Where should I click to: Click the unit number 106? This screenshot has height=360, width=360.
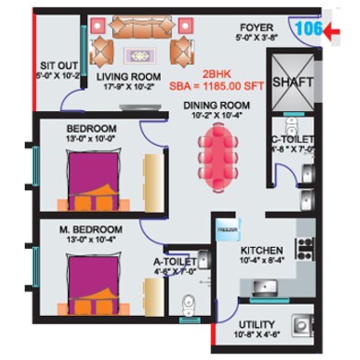click(x=307, y=28)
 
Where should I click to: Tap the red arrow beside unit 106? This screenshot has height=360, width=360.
click(x=337, y=33)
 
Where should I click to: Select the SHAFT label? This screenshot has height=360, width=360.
click(x=293, y=82)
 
